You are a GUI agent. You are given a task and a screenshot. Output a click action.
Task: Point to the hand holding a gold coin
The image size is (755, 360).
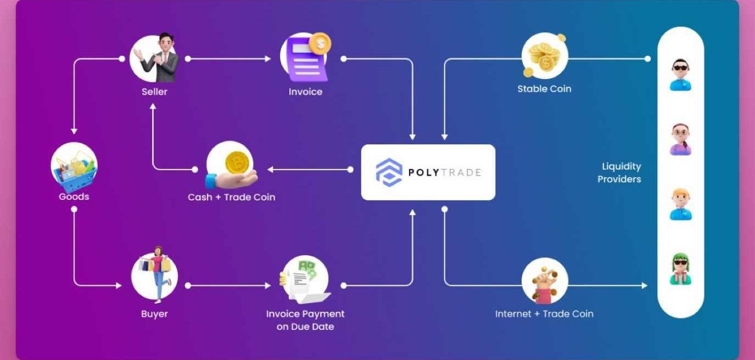[231, 167]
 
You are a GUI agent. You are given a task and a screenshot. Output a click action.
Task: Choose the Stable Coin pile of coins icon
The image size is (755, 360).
[544, 57]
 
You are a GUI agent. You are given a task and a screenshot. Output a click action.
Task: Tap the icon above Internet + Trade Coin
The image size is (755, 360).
[544, 281]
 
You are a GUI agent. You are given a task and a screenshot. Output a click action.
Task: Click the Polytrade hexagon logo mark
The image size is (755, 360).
[389, 172]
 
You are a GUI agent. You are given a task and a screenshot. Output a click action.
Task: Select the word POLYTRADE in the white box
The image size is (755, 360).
[444, 172]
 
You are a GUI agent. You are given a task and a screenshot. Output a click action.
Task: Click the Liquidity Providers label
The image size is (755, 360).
[620, 172]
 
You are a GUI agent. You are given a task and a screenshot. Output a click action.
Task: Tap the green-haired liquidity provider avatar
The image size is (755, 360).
[680, 269]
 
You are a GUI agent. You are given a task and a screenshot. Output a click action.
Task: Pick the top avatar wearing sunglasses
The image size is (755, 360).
[680, 75]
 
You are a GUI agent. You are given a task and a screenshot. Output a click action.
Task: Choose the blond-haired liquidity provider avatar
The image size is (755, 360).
[680, 204]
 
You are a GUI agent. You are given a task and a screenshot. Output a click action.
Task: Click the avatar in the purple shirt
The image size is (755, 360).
[680, 139]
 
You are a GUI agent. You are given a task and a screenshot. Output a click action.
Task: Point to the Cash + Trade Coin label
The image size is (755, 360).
[231, 197]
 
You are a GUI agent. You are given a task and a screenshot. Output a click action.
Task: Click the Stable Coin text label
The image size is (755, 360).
[544, 89]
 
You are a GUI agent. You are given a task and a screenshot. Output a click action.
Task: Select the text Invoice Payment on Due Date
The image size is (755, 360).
[305, 320]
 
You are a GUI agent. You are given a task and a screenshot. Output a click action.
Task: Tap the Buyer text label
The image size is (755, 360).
[154, 314]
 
